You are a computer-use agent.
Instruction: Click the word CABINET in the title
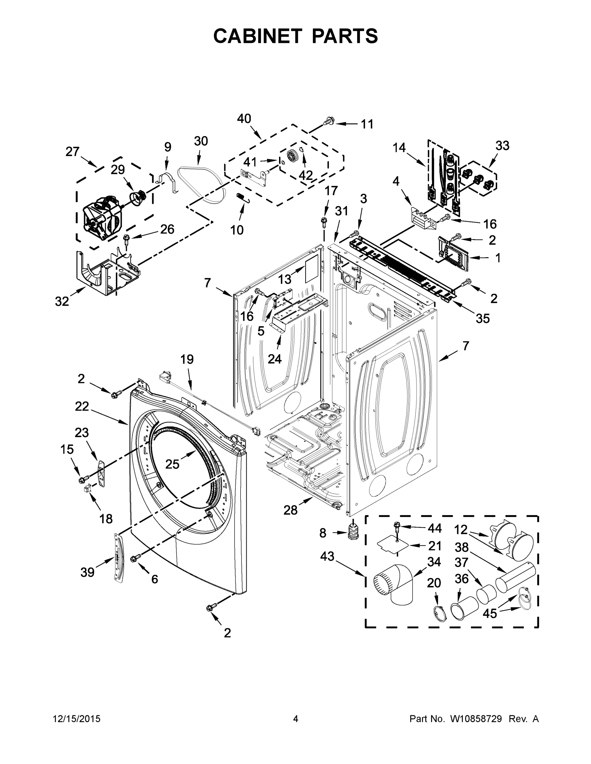tap(258, 36)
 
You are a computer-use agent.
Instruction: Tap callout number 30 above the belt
tap(201, 141)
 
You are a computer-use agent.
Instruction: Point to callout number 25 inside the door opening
tap(172, 464)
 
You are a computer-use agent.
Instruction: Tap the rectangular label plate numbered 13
tap(312, 268)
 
